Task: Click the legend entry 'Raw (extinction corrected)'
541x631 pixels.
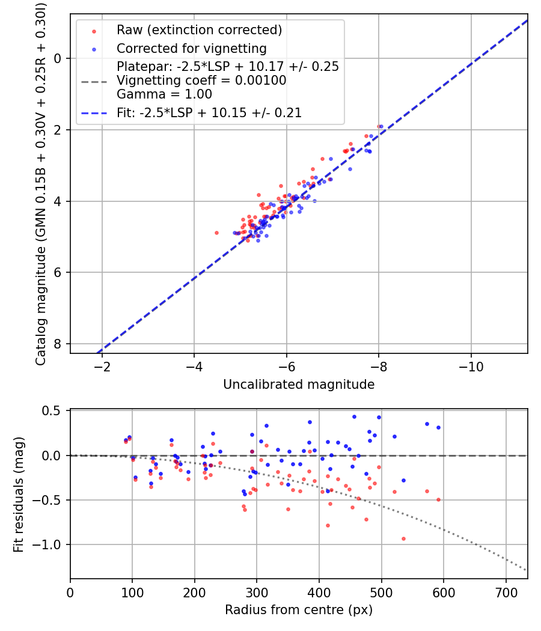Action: coord(199,30)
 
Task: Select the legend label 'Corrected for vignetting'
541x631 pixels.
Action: coord(191,48)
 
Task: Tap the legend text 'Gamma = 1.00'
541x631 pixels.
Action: coord(164,94)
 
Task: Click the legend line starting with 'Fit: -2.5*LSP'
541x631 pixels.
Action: coord(209,112)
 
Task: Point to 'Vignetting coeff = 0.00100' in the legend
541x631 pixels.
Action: coord(201,80)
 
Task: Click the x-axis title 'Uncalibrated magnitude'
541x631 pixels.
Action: coord(299,385)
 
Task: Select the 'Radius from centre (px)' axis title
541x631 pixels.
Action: coord(299,610)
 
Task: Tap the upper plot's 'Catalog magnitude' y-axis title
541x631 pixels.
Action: coord(40,183)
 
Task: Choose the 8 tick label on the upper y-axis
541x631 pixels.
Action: coord(58,344)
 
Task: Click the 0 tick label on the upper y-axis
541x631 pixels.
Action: coord(58,58)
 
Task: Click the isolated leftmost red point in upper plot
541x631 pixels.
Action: coord(216,233)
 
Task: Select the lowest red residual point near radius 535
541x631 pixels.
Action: coord(403,538)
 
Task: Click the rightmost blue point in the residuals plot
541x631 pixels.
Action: coord(438,427)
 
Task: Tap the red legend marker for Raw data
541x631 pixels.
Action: coord(93,31)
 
